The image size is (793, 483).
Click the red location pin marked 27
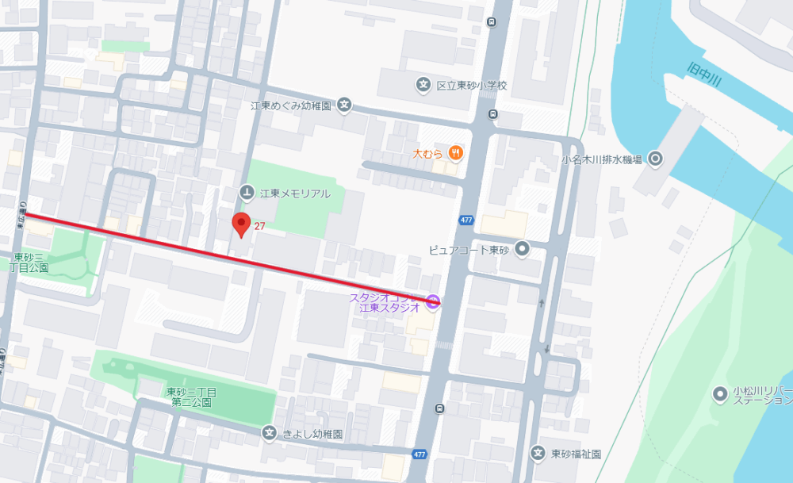(241, 224)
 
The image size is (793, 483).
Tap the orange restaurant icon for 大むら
(455, 152)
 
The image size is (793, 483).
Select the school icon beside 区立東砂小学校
(423, 84)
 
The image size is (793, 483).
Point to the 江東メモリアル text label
(296, 193)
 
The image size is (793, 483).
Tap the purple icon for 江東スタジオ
(433, 301)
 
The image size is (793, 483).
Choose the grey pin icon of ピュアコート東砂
(522, 249)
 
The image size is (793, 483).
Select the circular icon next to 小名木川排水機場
(655, 159)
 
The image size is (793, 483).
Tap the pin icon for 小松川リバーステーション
(720, 393)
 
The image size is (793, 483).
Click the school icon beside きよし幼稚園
(270, 433)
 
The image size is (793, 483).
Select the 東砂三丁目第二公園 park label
(191, 397)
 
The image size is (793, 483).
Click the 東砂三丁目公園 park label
(31, 263)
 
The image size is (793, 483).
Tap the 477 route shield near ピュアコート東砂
(466, 220)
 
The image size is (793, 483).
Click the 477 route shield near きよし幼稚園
(419, 454)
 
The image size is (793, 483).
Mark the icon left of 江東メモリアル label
(247, 193)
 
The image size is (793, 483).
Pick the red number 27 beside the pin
(259, 227)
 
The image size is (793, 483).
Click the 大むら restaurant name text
(427, 152)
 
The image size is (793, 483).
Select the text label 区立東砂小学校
(471, 85)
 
